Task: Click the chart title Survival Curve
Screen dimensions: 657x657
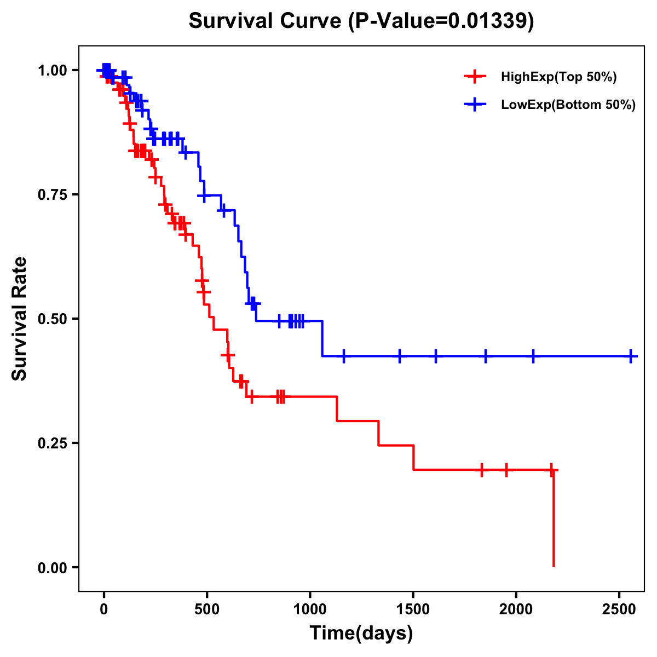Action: (361, 21)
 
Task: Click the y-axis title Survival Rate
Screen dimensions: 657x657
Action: (20, 318)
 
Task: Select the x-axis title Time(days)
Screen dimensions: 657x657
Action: (361, 633)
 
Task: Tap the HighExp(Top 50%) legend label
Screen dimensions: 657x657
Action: (559, 77)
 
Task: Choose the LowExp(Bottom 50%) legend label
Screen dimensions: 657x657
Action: (568, 105)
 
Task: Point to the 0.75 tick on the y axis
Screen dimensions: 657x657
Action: (51, 194)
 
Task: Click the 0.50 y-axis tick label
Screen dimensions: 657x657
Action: (51, 319)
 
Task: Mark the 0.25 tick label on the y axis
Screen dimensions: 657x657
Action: (51, 443)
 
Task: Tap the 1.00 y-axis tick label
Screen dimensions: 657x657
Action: (51, 70)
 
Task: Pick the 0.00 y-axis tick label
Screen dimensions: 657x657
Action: (51, 567)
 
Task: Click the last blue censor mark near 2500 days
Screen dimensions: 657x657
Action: (631, 356)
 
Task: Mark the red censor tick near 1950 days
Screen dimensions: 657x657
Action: (506, 470)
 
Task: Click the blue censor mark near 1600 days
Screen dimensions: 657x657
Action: (436, 356)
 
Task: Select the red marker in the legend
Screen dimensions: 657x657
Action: (475, 77)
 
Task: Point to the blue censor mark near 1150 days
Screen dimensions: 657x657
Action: (344, 356)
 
